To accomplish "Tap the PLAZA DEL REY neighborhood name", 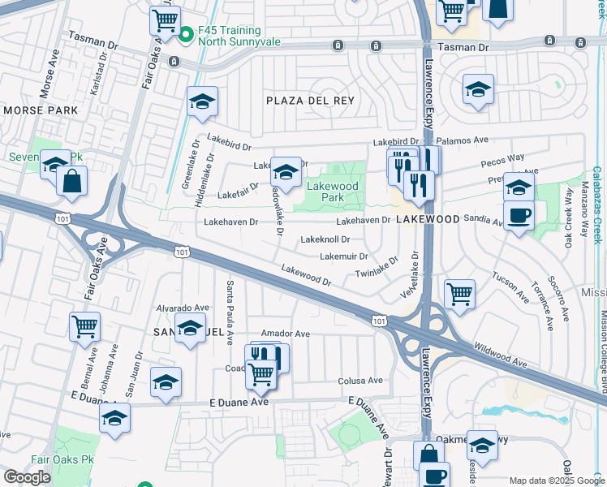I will click(x=311, y=101).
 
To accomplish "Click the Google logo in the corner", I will click(x=27, y=476).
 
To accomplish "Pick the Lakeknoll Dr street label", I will click(x=325, y=239).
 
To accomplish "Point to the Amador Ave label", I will click(x=291, y=334).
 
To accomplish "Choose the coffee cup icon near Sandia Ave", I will click(x=519, y=215).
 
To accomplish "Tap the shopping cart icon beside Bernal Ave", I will click(x=84, y=326).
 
